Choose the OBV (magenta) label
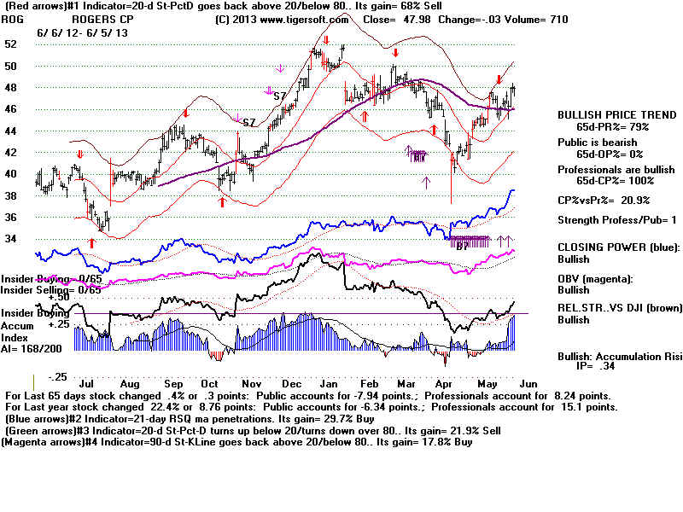pos(595,279)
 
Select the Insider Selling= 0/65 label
pos(50,290)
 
